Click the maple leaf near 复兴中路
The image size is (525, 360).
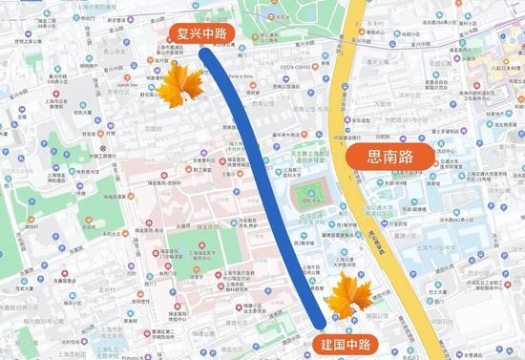tap(176, 88)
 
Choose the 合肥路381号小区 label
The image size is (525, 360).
tap(397, 121)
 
